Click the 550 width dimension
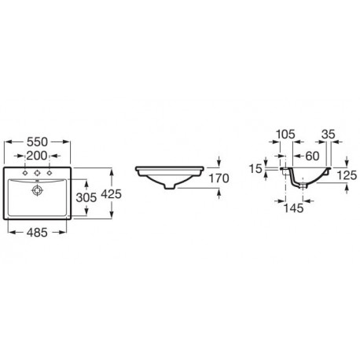[x=38, y=141]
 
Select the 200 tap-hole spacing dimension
[x=37, y=156]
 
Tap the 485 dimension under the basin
[x=37, y=232]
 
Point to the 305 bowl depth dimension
[x=86, y=197]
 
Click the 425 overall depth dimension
[x=112, y=194]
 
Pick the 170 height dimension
[x=219, y=178]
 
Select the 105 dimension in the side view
[x=285, y=134]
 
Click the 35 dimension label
[x=329, y=134]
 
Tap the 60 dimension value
[x=312, y=156]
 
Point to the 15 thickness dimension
[x=255, y=169]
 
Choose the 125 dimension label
[x=347, y=175]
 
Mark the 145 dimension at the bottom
[x=293, y=208]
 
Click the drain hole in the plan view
[x=37, y=190]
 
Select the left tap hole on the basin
[x=25, y=173]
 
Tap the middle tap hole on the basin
[x=37, y=173]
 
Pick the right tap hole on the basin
[x=49, y=173]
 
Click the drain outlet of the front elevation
[x=170, y=186]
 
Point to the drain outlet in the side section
[x=303, y=186]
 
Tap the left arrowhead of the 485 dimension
[x=12, y=232]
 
